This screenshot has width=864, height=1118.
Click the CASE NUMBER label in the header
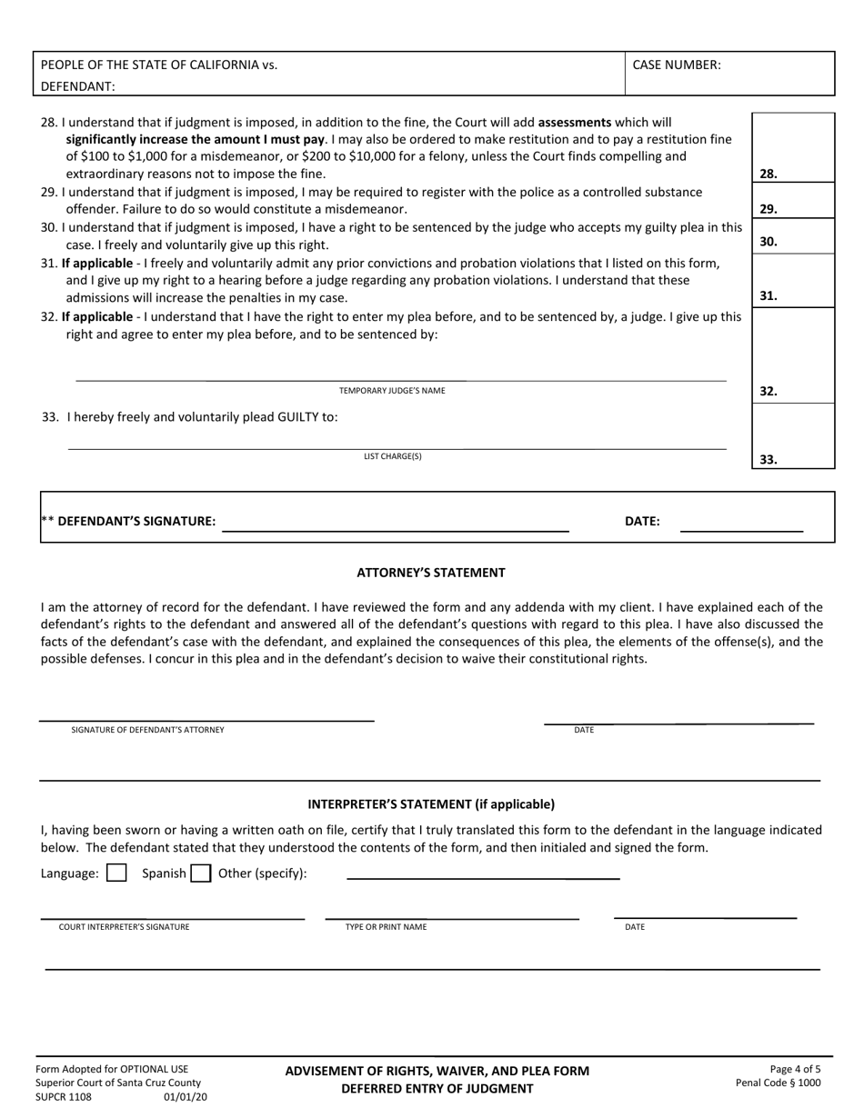(x=676, y=65)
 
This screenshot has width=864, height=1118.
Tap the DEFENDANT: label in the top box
(x=78, y=86)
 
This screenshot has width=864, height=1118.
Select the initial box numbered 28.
(x=792, y=148)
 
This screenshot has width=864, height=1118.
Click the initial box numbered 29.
(x=792, y=201)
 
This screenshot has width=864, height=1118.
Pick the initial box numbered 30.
(x=792, y=236)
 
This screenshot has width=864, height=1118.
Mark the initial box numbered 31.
(x=792, y=282)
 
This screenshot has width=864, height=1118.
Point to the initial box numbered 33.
(x=792, y=436)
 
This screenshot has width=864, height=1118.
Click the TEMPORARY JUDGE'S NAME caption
(x=392, y=391)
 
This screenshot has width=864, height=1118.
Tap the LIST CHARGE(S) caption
(x=393, y=456)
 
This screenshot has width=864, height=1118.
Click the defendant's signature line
(x=396, y=524)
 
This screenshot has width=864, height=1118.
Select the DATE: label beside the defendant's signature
(x=642, y=522)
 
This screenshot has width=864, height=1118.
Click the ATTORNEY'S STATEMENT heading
(x=431, y=573)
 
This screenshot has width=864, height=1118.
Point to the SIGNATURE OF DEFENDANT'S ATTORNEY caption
(x=147, y=730)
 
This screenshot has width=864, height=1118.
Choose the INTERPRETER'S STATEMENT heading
(x=431, y=804)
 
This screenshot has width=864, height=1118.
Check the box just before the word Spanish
(x=116, y=873)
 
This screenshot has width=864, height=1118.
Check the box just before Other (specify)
(x=201, y=873)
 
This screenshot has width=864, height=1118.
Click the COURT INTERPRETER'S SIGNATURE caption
(x=125, y=927)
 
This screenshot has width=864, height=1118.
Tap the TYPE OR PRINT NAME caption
(x=386, y=927)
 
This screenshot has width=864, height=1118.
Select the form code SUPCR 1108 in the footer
(x=64, y=1097)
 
